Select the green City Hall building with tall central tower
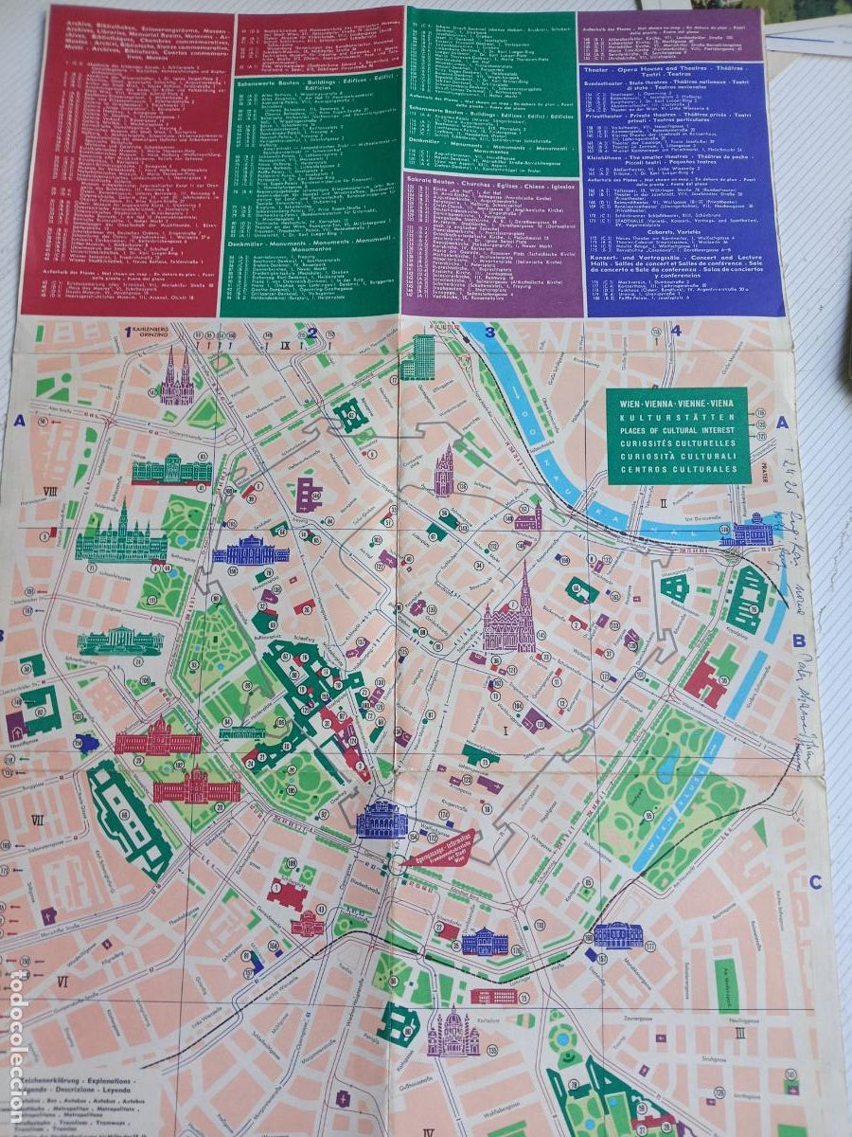pyautogui.click(x=121, y=536)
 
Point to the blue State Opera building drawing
pyautogui.click(x=382, y=820)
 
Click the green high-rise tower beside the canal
pyautogui.click(x=417, y=358)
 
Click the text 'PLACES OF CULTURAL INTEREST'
pyautogui.click(x=676, y=432)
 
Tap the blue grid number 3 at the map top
pyautogui.click(x=490, y=332)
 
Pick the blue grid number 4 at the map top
pyautogui.click(x=675, y=331)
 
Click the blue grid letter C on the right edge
pyautogui.click(x=815, y=883)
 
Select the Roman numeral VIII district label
pyautogui.click(x=49, y=490)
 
